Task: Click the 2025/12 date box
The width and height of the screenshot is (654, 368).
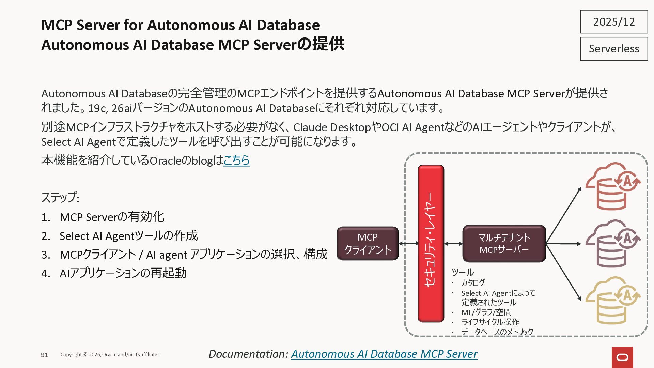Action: point(614,22)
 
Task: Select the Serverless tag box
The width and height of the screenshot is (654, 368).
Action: point(614,49)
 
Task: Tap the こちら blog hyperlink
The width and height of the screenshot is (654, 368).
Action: point(236,160)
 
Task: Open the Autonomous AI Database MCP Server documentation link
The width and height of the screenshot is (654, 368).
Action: point(384,354)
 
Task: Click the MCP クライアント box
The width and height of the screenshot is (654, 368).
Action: point(368,244)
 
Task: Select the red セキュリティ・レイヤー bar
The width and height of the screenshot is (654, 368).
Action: point(431,244)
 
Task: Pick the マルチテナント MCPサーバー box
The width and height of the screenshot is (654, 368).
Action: point(504,244)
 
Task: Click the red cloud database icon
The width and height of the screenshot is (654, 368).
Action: point(612,186)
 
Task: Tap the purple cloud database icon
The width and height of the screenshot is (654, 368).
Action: point(612,243)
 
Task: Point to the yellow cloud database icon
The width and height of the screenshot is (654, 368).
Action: point(612,301)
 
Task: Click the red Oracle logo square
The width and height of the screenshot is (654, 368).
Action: point(622,357)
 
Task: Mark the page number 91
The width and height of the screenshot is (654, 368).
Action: point(45,355)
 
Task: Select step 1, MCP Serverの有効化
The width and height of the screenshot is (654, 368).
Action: point(112,217)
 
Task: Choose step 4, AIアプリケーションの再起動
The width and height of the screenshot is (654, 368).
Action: point(123,273)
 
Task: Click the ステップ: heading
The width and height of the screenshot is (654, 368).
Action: point(60,198)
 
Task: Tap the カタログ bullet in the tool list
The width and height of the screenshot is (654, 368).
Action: point(473,283)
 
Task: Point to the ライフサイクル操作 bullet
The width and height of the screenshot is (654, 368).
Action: point(490,322)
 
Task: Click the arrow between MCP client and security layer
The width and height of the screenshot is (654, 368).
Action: point(408,243)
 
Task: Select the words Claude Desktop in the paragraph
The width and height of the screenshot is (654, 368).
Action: point(332,127)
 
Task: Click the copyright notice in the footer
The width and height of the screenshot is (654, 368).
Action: point(110,355)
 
